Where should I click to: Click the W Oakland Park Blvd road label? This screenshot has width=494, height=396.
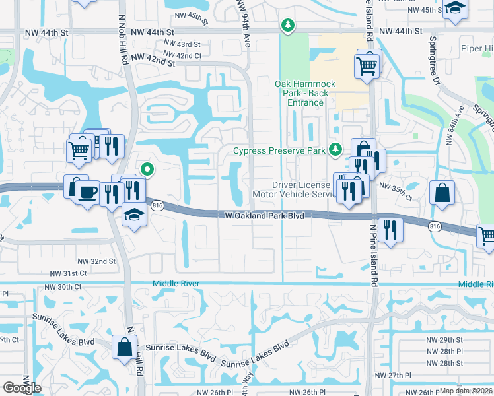pos(264,215)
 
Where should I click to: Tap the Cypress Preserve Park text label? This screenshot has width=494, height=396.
pos(279,151)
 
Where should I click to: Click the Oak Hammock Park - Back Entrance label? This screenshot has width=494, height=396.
pos(305,93)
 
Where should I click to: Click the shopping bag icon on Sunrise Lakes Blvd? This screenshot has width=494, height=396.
pos(124,346)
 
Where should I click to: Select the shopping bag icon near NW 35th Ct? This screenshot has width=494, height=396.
pos(442,193)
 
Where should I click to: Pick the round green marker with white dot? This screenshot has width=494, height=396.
pos(147,170)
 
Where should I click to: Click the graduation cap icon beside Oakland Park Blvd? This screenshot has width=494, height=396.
pos(134,215)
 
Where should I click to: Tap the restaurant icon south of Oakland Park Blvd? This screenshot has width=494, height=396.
pos(390,230)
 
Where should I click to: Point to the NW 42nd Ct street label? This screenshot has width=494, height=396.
pos(182,55)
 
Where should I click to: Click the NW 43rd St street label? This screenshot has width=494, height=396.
pos(182,44)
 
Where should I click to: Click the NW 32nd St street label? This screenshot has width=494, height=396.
pos(98,261)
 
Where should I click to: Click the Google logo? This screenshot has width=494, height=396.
pos(22,388)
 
